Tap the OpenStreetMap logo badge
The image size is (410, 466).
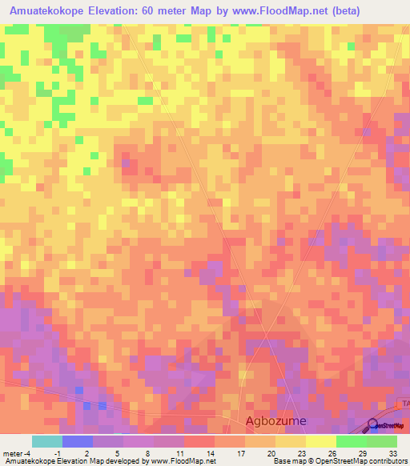point(386,425)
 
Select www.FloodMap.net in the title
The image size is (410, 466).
point(271,11)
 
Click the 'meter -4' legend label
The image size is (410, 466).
point(17,452)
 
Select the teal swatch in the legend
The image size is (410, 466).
point(46,441)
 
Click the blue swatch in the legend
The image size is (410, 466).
point(77,441)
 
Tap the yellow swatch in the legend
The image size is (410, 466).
point(321,441)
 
